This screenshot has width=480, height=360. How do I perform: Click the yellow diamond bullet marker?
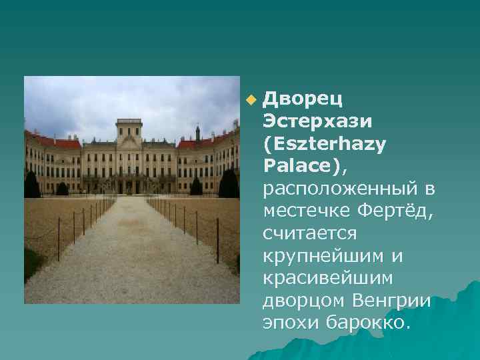[x=250, y=101]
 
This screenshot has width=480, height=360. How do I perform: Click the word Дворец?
[x=303, y=99]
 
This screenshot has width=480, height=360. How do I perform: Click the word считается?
[x=311, y=234]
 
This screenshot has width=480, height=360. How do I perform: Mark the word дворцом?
[x=305, y=302]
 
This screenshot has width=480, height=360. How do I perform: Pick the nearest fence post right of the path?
[x=217, y=240]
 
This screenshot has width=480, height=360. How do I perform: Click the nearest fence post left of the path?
[x=58, y=239]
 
